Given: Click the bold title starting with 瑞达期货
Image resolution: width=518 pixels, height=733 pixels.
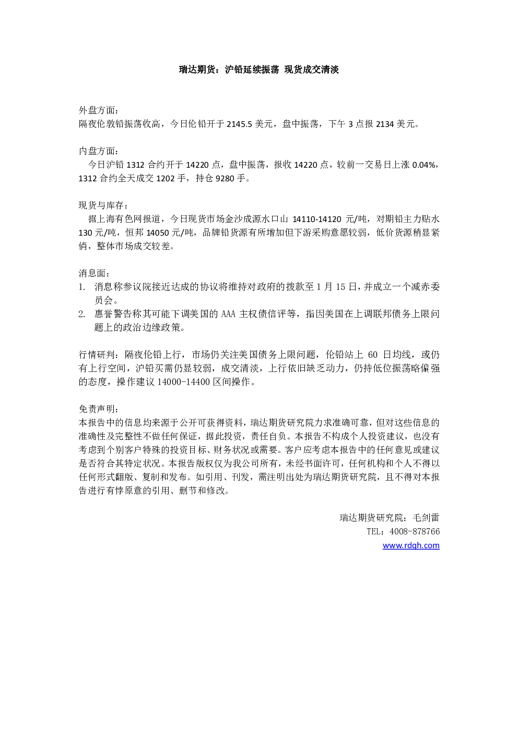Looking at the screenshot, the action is (x=258, y=69).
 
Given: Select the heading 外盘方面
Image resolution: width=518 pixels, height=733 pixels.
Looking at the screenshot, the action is (x=97, y=110).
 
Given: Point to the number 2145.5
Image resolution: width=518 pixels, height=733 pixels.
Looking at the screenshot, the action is (x=239, y=124).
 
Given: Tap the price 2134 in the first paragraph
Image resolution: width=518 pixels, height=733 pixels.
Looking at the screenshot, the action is (x=385, y=124).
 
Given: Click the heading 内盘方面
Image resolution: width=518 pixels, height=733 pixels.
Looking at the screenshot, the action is (x=97, y=151).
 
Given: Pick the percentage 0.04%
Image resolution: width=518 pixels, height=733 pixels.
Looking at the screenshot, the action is (x=424, y=165).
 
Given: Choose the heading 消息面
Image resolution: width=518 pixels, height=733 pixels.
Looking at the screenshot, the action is (x=92, y=273).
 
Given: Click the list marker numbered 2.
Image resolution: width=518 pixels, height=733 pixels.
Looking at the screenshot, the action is (x=82, y=314).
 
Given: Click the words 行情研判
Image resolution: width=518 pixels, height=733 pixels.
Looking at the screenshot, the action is (x=97, y=355).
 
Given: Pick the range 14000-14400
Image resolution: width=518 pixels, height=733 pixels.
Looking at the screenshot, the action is (x=184, y=382).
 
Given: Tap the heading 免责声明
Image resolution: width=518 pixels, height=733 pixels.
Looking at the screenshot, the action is (x=97, y=409).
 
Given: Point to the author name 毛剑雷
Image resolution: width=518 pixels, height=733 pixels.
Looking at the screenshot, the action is (x=426, y=518).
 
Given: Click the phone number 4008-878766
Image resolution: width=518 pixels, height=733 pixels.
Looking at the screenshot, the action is (x=415, y=531).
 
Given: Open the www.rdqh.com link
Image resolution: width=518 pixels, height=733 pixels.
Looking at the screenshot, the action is (x=411, y=545).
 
